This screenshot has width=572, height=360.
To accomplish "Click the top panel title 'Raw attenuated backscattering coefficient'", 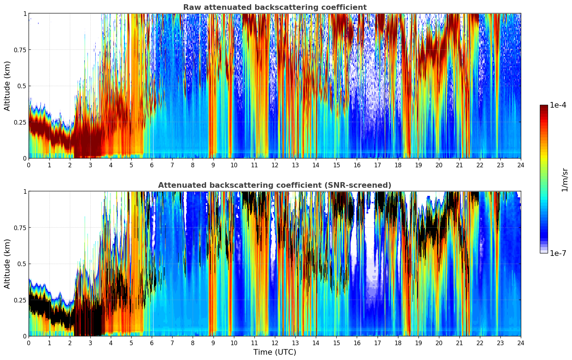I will (275, 7).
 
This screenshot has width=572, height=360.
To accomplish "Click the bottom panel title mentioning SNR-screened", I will (275, 185).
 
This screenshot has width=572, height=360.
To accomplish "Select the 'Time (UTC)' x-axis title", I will (275, 352).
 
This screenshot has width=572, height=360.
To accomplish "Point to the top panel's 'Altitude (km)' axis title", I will (7, 86).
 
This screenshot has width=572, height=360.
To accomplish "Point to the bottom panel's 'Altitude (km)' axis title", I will (7, 264).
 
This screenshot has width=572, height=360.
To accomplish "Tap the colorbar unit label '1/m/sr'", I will (565, 180).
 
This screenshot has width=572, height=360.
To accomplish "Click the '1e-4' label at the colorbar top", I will (558, 105).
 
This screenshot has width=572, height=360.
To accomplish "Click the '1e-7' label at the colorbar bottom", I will (558, 253).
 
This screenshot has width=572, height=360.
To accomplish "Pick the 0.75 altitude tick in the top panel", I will (20, 50).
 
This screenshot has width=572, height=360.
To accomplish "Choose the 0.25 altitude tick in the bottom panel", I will (20, 300).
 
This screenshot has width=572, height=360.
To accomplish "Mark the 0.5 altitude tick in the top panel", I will (22, 86).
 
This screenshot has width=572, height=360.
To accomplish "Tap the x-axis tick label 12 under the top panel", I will (275, 165).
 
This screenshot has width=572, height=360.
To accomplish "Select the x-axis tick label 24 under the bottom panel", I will (520, 343).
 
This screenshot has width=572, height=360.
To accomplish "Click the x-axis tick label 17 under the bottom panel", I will (377, 343).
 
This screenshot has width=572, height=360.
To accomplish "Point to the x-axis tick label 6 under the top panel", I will (152, 165).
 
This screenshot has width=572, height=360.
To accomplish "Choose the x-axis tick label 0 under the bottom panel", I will (29, 343).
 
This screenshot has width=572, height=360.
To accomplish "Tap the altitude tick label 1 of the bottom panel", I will (25, 192).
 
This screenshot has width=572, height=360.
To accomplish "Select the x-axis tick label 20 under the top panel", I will (439, 165).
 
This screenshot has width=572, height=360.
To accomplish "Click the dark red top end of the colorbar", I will (543, 107).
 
